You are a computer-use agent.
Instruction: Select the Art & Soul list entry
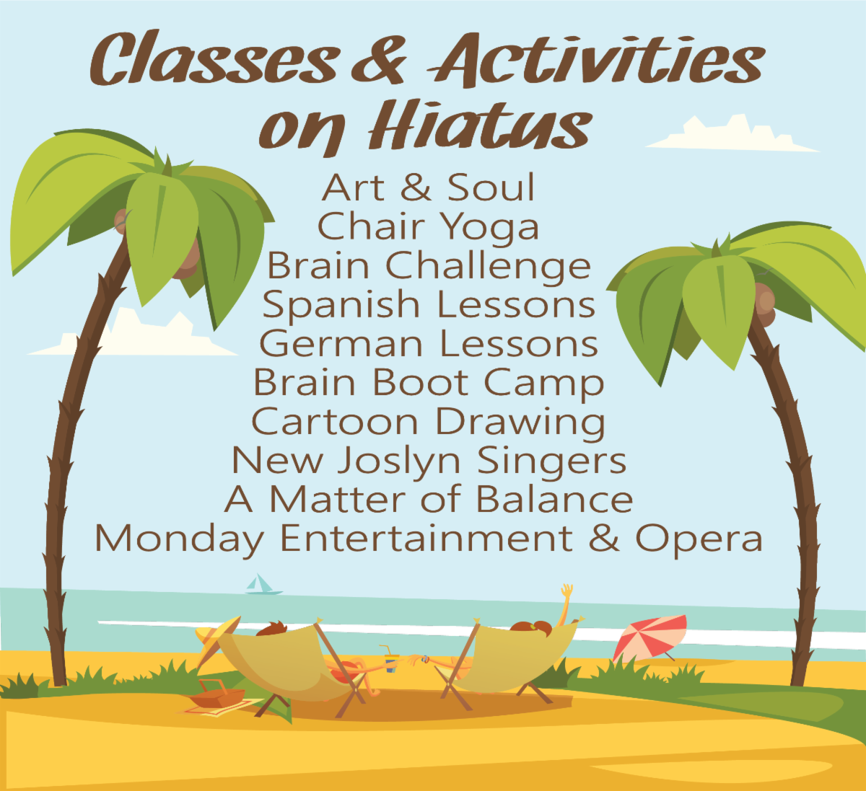(428, 187)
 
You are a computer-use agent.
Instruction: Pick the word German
(341, 344)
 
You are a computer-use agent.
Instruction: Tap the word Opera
(699, 540)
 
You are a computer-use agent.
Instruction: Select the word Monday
(180, 540)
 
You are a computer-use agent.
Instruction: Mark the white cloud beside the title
(732, 134)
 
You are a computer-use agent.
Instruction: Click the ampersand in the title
(380, 60)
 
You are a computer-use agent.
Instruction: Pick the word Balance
(554, 500)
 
